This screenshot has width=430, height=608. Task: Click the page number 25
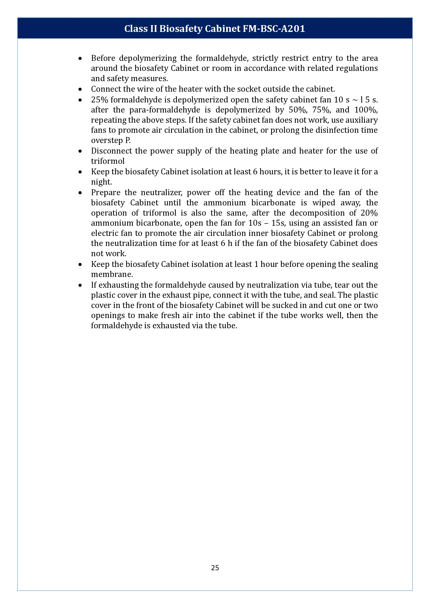click(215, 567)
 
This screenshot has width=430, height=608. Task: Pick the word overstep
click(107, 140)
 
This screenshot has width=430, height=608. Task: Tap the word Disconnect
click(111, 151)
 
